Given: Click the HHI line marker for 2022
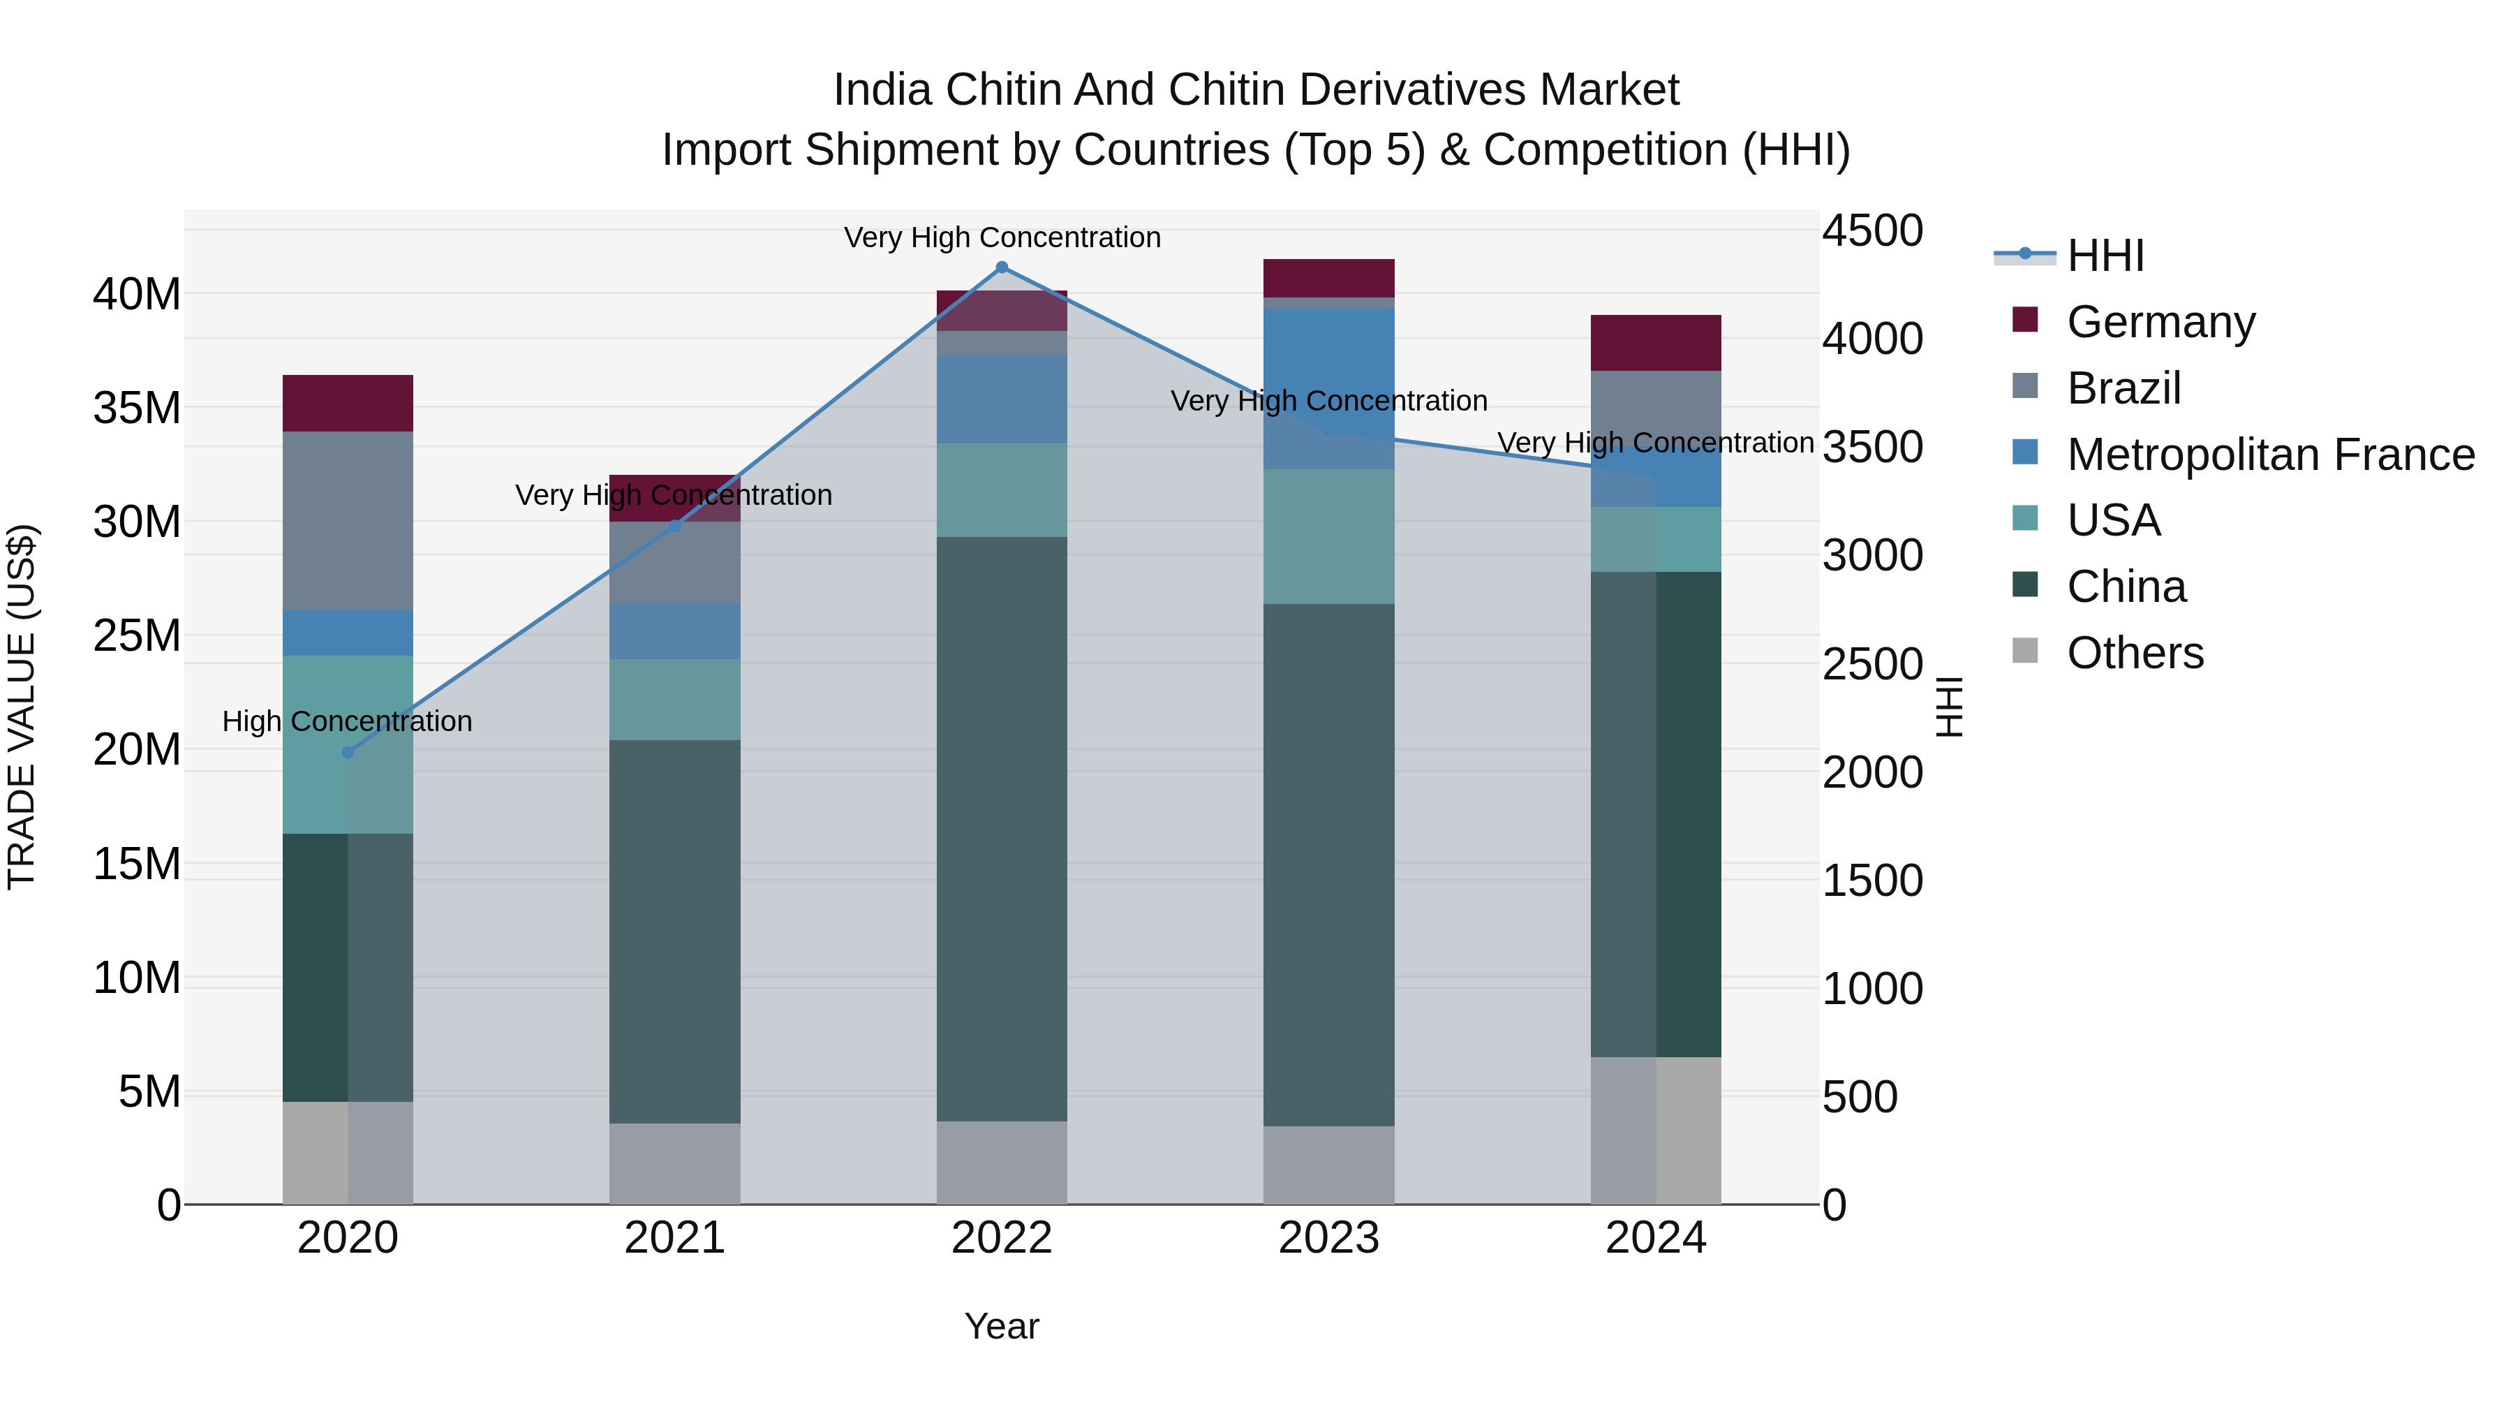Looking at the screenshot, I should (1001, 267).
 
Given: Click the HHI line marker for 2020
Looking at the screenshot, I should (348, 752).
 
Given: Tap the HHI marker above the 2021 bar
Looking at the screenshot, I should (674, 526).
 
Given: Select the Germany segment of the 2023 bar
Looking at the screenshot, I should (1328, 278).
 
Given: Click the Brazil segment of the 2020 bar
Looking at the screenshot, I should (348, 521).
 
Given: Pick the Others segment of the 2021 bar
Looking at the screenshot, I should (674, 1163).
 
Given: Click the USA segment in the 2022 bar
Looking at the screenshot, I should (1001, 490).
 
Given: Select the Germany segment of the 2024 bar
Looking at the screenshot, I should (1656, 343).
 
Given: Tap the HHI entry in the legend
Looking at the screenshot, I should (2105, 256).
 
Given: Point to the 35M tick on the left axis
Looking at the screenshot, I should (137, 408).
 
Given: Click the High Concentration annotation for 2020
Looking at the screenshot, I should (348, 721).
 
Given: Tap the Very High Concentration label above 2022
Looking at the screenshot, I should (1002, 237).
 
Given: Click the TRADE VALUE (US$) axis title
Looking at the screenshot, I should (22, 707).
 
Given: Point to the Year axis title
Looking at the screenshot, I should (1001, 1326).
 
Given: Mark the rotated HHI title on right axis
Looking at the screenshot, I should (1948, 707).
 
